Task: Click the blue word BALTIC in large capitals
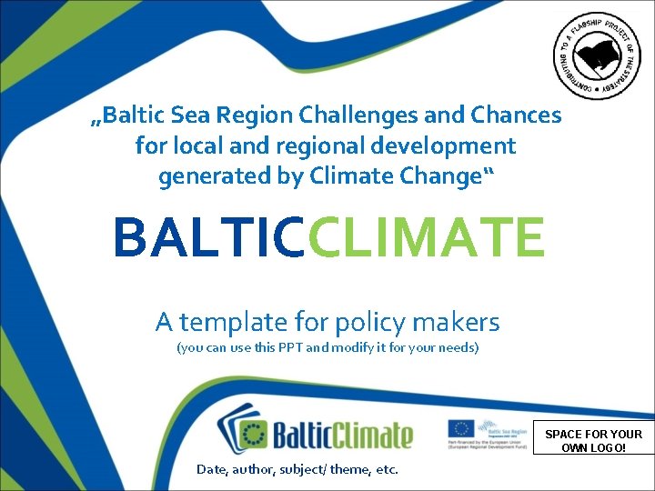[210, 237]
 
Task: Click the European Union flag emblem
[460, 429]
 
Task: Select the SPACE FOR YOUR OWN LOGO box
[593, 441]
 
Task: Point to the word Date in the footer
[212, 470]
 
